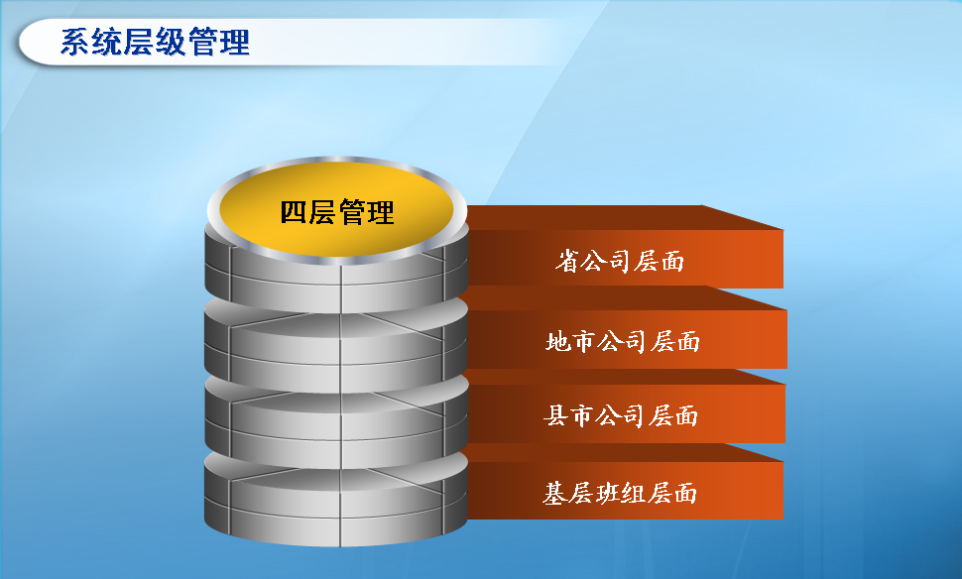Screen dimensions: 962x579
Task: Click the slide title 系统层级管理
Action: pyautogui.click(x=156, y=42)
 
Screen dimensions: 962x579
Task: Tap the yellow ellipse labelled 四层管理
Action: pyautogui.click(x=336, y=209)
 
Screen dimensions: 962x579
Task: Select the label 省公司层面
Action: pyautogui.click(x=620, y=262)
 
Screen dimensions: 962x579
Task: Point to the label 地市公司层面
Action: pyautogui.click(x=623, y=341)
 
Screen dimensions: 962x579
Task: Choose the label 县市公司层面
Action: pyautogui.click(x=621, y=415)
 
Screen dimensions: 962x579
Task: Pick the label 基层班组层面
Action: pyautogui.click(x=620, y=493)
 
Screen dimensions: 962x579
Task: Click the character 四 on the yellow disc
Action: pyautogui.click(x=294, y=212)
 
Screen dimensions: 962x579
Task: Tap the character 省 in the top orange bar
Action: pyautogui.click(x=567, y=262)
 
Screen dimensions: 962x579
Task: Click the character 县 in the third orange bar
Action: pyautogui.click(x=555, y=415)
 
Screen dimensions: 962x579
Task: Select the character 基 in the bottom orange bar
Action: pyautogui.click(x=554, y=493)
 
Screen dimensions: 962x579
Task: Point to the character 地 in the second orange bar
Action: pyautogui.click(x=557, y=341)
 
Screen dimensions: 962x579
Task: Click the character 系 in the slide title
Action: pyautogui.click(x=75, y=42)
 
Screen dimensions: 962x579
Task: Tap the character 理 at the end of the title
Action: pyautogui.click(x=234, y=42)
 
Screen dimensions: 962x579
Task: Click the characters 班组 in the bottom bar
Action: pyautogui.click(x=620, y=493)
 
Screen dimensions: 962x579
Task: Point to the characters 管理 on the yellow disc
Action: pyautogui.click(x=366, y=212)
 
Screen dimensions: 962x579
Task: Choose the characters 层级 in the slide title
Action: pyautogui.click(x=156, y=42)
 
